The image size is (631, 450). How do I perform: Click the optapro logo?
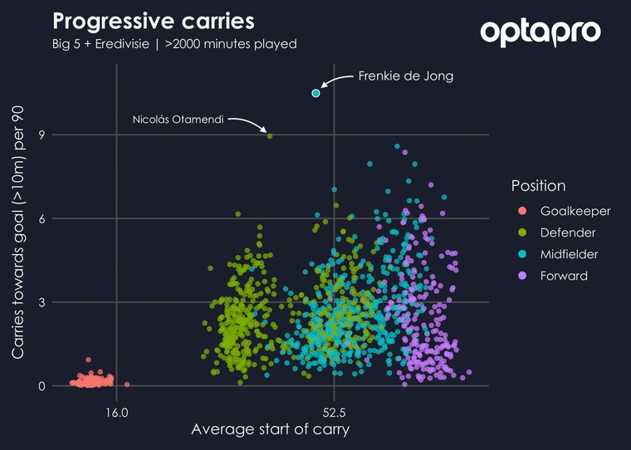click(x=540, y=32)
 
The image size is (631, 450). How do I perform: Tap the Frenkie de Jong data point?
click(x=315, y=93)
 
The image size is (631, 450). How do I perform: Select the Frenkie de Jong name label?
click(x=405, y=76)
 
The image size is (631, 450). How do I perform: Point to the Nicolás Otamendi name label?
click(x=178, y=120)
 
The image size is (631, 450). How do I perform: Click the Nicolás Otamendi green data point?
click(x=270, y=135)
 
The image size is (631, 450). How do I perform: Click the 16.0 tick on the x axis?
click(x=116, y=411)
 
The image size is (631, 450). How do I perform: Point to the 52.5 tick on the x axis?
click(x=334, y=411)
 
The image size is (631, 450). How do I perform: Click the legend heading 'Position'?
click(x=538, y=185)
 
